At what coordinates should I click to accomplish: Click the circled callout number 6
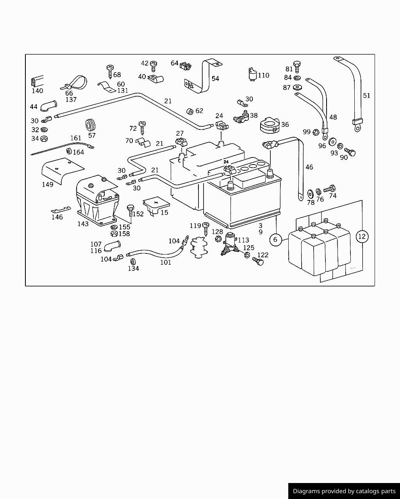tap(275, 239)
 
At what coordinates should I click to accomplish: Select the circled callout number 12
tap(362, 236)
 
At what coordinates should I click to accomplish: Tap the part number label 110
tap(263, 75)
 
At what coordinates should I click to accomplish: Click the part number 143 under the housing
tap(83, 224)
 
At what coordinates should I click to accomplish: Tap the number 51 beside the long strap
tap(366, 96)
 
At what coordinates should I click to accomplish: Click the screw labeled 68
tap(110, 70)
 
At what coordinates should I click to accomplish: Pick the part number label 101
tap(166, 262)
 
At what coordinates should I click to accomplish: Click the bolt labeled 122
tap(258, 261)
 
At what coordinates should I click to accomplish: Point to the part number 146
tap(57, 217)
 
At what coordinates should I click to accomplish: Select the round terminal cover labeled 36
tap(269, 124)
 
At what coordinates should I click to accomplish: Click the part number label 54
tap(215, 78)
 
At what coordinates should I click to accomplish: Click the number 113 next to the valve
tap(243, 240)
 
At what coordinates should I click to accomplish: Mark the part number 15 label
tap(164, 212)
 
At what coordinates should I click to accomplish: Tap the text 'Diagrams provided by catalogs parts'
tap(344, 491)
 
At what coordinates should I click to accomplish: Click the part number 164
tap(79, 152)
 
